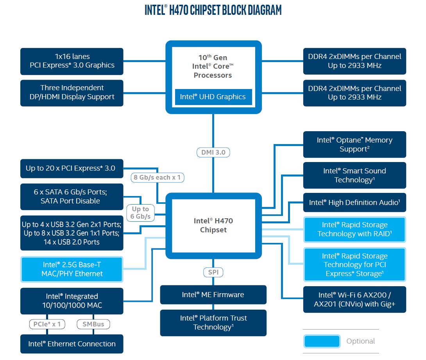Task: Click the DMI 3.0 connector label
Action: [x=213, y=152]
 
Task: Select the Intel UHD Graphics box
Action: [x=213, y=97]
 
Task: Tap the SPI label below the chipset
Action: [x=213, y=272]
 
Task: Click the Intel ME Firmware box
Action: [x=213, y=295]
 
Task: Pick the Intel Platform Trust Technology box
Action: [x=213, y=323]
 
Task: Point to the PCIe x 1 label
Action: [x=47, y=324]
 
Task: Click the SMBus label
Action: [x=93, y=324]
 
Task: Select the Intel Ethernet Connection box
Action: [x=72, y=344]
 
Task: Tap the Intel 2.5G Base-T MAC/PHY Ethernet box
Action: [x=72, y=269]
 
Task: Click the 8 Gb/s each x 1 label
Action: [x=157, y=178]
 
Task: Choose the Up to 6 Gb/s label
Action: [x=140, y=213]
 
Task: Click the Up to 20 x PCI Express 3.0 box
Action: [x=72, y=168]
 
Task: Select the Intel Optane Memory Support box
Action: [x=354, y=144]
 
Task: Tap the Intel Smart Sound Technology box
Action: [x=354, y=175]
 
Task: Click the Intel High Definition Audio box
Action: [x=354, y=203]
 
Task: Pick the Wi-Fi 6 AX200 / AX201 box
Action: [x=354, y=299]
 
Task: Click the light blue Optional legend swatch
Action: [x=321, y=341]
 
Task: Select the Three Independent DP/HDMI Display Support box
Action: [x=72, y=93]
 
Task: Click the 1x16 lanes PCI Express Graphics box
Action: [x=72, y=61]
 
